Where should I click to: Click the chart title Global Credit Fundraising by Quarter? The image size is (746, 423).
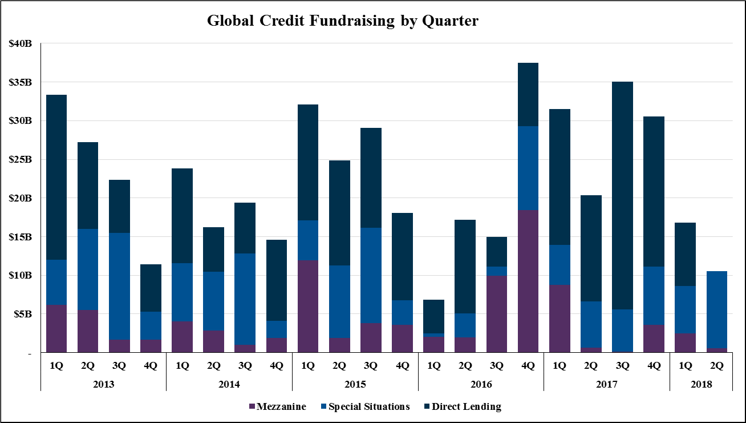(x=342, y=21)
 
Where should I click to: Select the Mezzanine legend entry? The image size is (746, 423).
(x=278, y=407)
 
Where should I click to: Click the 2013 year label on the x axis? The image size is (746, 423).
(x=103, y=384)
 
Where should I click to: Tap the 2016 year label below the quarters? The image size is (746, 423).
(x=481, y=384)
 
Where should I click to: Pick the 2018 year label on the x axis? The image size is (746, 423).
(x=701, y=384)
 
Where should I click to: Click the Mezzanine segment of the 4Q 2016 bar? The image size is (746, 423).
(x=528, y=281)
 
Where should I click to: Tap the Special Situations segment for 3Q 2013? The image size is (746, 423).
(x=119, y=286)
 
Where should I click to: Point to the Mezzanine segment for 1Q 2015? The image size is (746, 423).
(x=308, y=306)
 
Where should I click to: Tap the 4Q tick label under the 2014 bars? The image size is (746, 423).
(x=277, y=365)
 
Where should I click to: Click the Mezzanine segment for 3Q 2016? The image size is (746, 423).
(x=497, y=314)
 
